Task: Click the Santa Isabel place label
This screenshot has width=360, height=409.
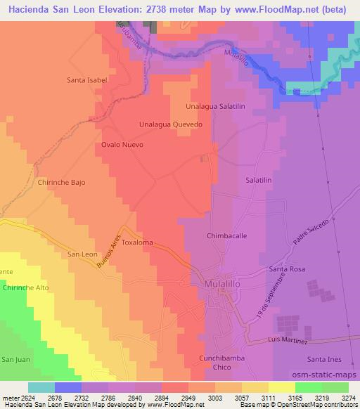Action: click(86, 80)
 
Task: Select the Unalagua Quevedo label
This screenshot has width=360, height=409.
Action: click(171, 124)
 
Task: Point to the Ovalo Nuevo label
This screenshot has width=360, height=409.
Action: click(122, 145)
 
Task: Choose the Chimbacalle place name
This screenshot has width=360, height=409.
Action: click(226, 237)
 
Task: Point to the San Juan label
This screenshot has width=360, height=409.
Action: click(15, 360)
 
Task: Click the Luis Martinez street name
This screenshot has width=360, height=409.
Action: click(288, 342)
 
